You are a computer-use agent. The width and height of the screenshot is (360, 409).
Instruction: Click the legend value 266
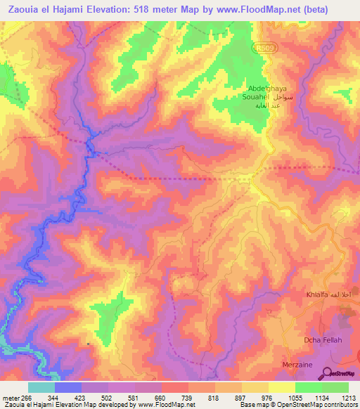27,397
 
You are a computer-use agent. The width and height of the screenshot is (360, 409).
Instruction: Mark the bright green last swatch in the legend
335,387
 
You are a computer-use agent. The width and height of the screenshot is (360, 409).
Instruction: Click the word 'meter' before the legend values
10,397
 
